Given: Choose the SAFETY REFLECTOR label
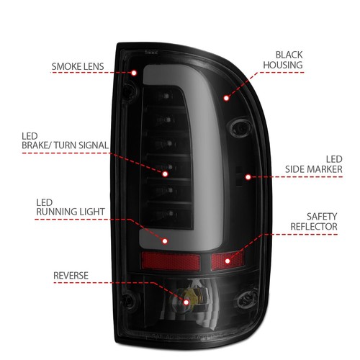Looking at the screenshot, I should (x=313, y=220).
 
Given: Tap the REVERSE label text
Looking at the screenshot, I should (x=71, y=275).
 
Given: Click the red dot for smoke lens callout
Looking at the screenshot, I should (x=135, y=72).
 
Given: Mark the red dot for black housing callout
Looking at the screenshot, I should (x=226, y=96).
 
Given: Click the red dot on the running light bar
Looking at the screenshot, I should (x=165, y=242).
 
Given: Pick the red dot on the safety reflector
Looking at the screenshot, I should (x=228, y=261).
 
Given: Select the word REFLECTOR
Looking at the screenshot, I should (x=313, y=226).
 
